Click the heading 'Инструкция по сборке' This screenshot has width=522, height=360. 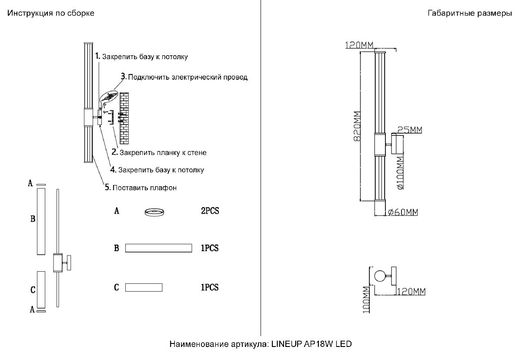50,13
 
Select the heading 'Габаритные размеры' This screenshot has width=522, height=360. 470,13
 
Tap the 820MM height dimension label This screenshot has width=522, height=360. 357,126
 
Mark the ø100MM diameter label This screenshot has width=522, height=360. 400,173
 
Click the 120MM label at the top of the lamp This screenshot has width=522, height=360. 359,45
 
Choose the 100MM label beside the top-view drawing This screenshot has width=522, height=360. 365,300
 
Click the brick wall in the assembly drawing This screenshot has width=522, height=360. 124,118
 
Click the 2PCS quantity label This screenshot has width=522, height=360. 210,212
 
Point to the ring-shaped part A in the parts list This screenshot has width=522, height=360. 154,212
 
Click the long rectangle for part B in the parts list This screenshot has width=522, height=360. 158,248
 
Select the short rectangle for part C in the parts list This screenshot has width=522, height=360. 144,287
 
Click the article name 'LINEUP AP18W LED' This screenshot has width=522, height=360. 311,344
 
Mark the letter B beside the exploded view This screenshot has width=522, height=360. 33,219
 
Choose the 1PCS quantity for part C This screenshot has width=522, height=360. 210,287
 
